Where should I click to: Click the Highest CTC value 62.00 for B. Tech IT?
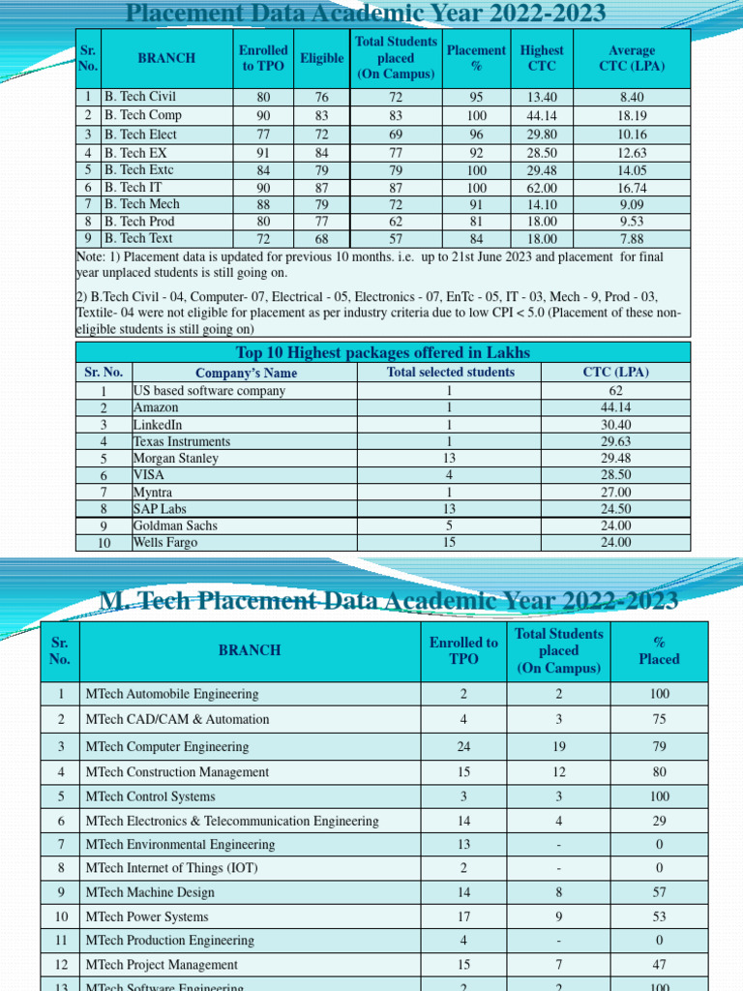tap(541, 188)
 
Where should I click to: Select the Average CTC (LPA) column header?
tap(631, 58)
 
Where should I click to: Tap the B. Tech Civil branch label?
tap(140, 97)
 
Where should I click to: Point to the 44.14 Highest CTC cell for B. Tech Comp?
tap(541, 115)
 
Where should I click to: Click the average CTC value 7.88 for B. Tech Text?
tap(631, 239)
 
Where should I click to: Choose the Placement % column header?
tap(476, 58)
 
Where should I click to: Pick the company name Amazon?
tap(156, 408)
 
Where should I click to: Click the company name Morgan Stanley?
tap(176, 459)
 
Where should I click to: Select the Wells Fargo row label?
tap(165, 543)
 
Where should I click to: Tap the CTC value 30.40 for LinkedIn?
tap(615, 425)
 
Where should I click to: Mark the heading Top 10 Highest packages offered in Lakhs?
tap(383, 352)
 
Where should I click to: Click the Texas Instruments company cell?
tap(182, 441)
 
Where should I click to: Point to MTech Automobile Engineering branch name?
tap(172, 694)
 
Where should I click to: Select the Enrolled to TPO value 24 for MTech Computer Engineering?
tap(463, 747)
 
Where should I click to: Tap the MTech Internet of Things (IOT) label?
tap(171, 868)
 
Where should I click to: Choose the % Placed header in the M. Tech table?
tap(658, 650)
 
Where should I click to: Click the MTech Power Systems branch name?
tap(147, 916)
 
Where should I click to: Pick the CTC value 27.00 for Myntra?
tap(615, 493)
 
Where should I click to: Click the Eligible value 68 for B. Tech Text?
tap(321, 239)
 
